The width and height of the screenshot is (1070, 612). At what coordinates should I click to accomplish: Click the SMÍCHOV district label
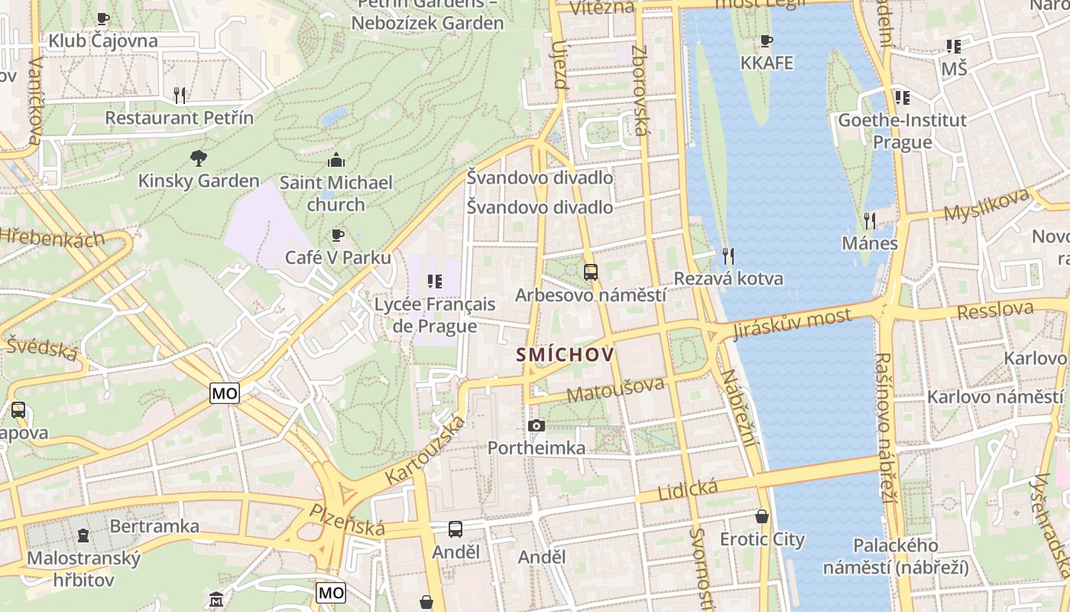[x=565, y=355]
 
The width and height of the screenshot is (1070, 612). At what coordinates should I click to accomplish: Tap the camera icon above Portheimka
[x=537, y=425]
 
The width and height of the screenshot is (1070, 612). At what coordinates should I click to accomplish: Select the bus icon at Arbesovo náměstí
[x=590, y=272]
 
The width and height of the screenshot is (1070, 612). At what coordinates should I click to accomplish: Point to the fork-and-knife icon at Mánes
[x=869, y=221]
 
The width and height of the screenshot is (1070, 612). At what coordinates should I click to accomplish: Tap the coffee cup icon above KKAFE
[x=767, y=41]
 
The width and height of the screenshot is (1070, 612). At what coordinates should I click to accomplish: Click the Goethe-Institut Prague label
[x=902, y=131]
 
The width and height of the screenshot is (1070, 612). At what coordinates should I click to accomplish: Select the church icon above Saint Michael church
[x=336, y=160]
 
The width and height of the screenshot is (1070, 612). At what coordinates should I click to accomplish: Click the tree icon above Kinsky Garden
[x=199, y=158]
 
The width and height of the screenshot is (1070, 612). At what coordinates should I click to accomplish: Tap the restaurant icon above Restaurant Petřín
[x=180, y=95]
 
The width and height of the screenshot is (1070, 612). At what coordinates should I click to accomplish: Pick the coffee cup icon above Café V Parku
[x=337, y=235]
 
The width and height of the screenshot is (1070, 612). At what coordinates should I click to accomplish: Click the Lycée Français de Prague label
[x=434, y=314]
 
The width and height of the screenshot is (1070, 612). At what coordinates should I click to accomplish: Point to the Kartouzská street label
[x=425, y=450]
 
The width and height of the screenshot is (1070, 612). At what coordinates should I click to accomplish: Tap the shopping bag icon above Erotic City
[x=762, y=516]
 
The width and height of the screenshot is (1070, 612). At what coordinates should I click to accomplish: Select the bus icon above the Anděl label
[x=456, y=529]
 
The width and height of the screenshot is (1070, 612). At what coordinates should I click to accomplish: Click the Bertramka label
[x=154, y=526]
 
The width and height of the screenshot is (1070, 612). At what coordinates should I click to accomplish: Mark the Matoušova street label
[x=615, y=389]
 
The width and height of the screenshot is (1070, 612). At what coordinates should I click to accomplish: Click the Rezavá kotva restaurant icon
[x=728, y=256]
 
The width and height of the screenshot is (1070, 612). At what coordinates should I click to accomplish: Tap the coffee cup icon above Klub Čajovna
[x=103, y=18]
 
